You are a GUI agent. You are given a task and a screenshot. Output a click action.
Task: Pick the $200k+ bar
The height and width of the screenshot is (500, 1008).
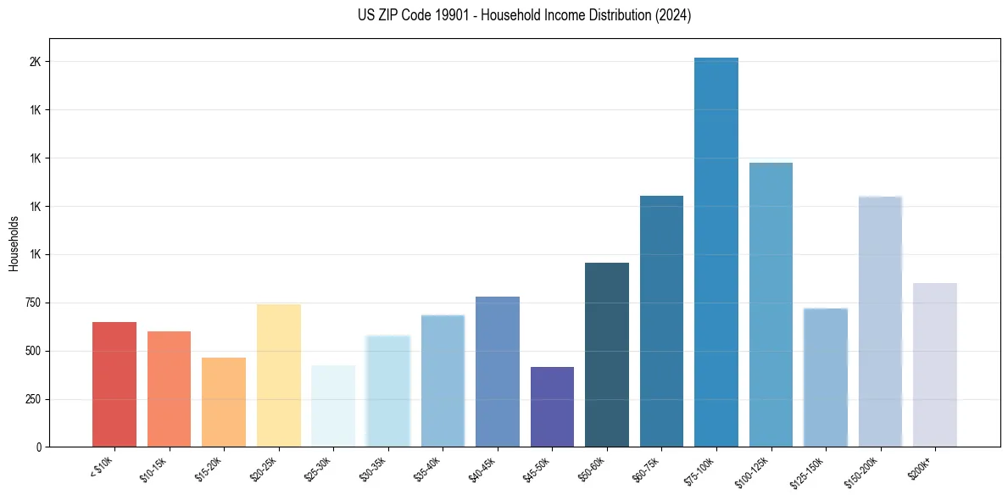pyautogui.click(x=935, y=364)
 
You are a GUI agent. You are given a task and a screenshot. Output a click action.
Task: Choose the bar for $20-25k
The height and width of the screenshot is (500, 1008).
pyautogui.click(x=279, y=375)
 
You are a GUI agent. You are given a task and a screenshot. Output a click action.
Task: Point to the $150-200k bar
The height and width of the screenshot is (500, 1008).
pyautogui.click(x=880, y=321)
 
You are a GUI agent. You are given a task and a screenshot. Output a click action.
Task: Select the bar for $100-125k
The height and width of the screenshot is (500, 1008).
pyautogui.click(x=771, y=304)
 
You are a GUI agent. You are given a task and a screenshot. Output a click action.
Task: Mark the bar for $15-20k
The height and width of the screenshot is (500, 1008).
pyautogui.click(x=224, y=402)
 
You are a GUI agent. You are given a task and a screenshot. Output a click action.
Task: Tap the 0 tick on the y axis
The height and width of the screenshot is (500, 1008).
pyautogui.click(x=39, y=447)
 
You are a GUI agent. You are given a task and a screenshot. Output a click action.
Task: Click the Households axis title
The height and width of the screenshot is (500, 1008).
pyautogui.click(x=14, y=243)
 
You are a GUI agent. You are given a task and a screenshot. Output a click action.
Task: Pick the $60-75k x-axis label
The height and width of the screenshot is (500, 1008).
pyautogui.click(x=645, y=469)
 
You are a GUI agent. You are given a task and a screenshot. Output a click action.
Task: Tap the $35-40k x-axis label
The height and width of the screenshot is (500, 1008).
pyautogui.click(x=426, y=469)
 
